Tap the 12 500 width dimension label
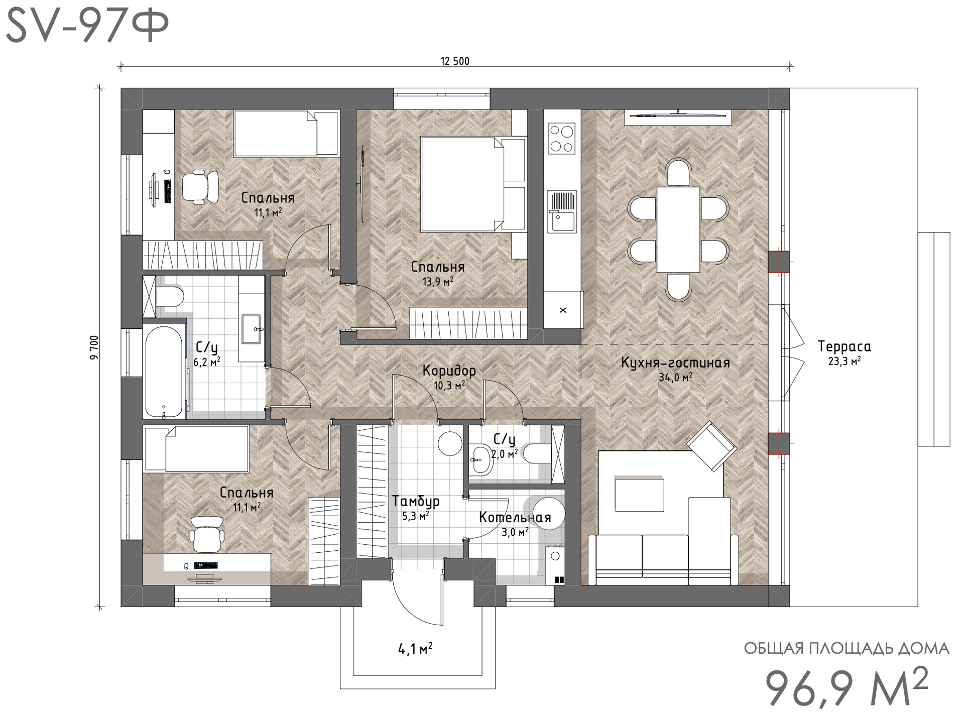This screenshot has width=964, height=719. [455, 61]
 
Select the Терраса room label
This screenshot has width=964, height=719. [844, 346]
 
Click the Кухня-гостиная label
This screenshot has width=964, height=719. [675, 363]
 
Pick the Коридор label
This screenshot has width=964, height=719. [449, 371]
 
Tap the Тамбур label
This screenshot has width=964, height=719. [416, 501]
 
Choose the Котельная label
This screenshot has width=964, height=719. [515, 518]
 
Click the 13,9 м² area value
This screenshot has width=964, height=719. [438, 282]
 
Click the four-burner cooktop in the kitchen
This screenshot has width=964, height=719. [562, 139]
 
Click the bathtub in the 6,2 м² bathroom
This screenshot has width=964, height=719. [164, 372]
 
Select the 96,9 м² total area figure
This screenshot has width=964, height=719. [847, 687]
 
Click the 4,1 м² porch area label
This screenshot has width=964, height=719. [416, 649]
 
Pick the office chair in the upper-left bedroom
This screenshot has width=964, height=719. [200, 186]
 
